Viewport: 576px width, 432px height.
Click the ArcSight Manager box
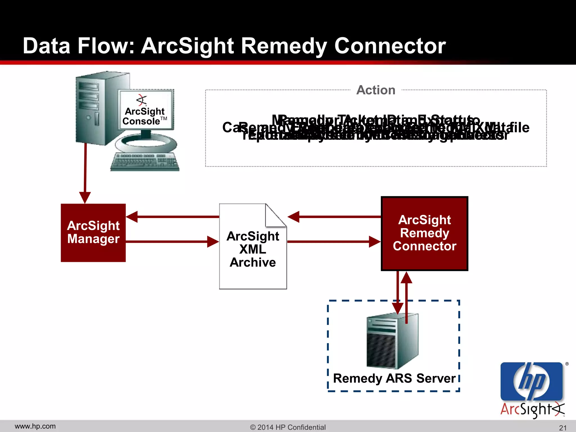[93, 233]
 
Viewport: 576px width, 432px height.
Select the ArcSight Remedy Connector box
[424, 233]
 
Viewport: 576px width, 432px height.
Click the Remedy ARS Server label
[394, 378]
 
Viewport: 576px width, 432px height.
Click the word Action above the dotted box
[376, 90]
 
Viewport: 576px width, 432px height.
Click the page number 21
[562, 428]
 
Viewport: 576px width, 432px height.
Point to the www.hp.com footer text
[35, 426]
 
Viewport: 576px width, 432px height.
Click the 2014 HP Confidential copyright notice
[288, 427]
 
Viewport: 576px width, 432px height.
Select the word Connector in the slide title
[390, 46]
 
